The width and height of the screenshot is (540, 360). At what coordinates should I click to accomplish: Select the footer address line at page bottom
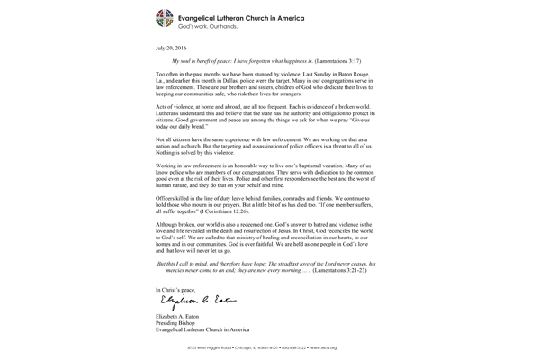(x=270, y=346)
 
